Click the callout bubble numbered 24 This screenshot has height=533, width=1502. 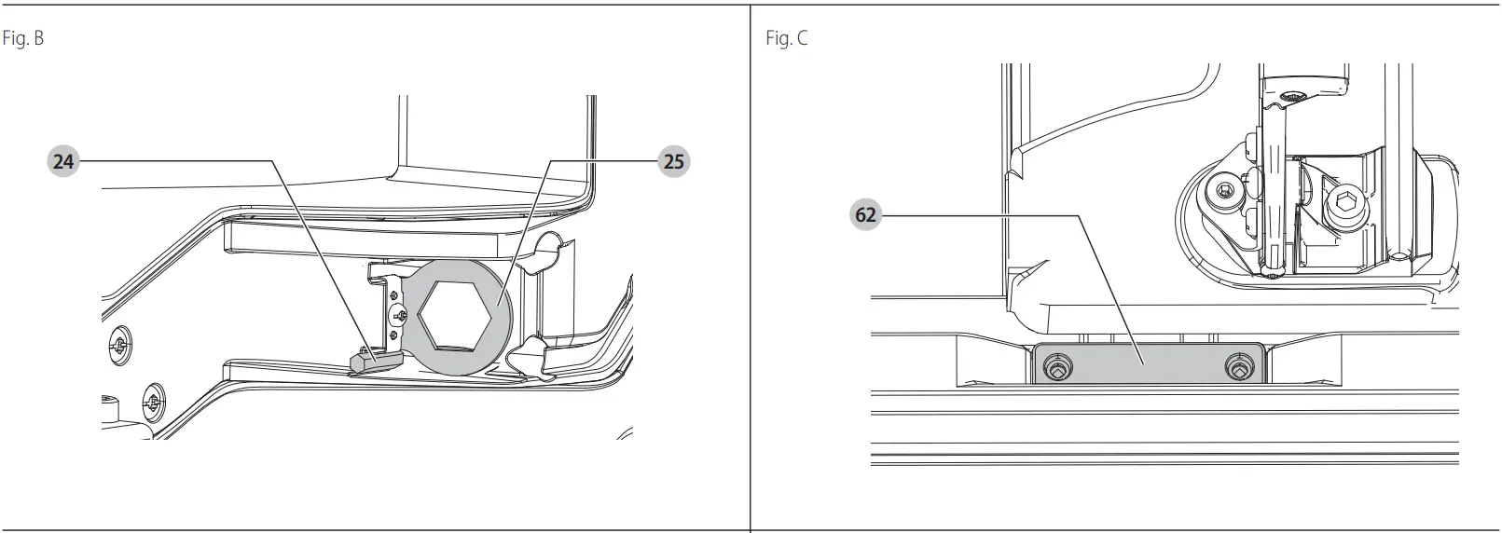[62, 161]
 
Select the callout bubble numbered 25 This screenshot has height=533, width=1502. [673, 161]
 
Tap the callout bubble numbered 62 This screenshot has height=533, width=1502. [866, 215]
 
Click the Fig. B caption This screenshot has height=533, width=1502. [22, 39]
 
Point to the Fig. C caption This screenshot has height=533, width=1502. [786, 39]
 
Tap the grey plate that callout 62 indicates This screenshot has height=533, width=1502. [1147, 362]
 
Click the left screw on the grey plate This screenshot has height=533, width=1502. [1054, 368]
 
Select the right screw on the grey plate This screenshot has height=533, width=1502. [1238, 368]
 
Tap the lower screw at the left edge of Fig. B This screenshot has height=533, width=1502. [151, 403]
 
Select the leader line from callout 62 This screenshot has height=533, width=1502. [979, 216]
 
